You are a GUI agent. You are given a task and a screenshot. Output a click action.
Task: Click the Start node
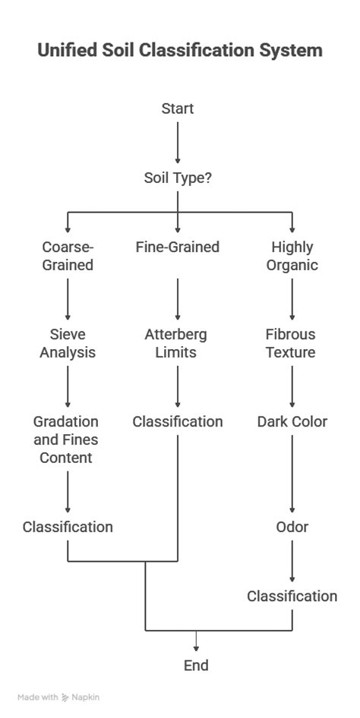[178, 109]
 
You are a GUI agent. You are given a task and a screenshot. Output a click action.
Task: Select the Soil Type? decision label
[178, 178]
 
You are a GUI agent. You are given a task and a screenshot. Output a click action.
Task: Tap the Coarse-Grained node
[68, 256]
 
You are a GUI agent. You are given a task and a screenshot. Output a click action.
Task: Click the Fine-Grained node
[178, 247]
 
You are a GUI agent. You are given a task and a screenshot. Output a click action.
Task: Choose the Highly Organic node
[292, 256]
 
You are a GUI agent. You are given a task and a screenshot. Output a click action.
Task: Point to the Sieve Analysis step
[68, 343]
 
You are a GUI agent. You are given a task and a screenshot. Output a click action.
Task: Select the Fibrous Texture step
[292, 343]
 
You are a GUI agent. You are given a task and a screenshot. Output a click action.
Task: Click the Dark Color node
[292, 421]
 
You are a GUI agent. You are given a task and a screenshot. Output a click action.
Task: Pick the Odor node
[292, 527]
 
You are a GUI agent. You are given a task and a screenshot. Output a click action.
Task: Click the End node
[196, 666]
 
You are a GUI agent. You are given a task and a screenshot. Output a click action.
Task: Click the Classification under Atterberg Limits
[178, 421]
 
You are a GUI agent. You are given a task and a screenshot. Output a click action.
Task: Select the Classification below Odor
[292, 596]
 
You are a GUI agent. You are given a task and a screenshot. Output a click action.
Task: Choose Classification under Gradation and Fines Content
[68, 527]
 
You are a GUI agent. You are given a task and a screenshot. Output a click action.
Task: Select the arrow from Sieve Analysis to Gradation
[68, 386]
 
